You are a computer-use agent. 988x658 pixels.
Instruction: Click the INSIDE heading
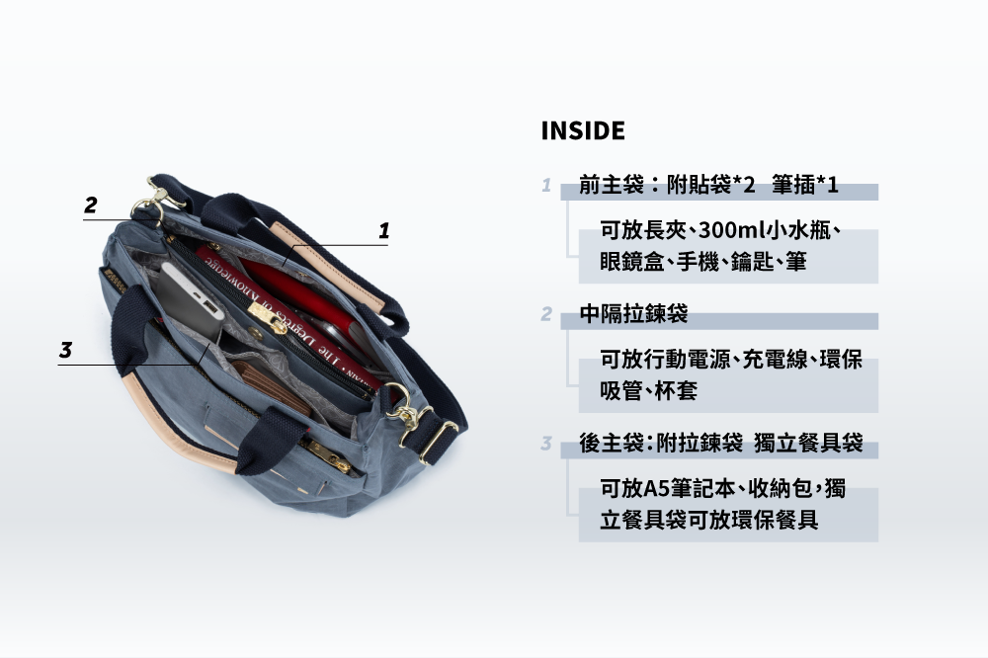pos(583,130)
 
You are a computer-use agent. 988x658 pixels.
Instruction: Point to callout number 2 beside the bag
pos(91,206)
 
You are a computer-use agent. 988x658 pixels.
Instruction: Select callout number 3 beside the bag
pos(65,350)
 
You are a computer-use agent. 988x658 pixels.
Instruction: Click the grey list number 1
pos(545,185)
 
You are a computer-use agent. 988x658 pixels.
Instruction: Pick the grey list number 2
pos(545,314)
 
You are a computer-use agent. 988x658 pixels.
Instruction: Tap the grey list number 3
pos(545,444)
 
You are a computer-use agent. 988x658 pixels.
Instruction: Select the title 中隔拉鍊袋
pos(633,314)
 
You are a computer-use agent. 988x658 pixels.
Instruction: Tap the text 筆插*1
pos(805,185)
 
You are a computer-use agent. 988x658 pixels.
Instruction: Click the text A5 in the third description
pos(657,489)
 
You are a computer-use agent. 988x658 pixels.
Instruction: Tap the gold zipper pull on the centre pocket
pos(266,315)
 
